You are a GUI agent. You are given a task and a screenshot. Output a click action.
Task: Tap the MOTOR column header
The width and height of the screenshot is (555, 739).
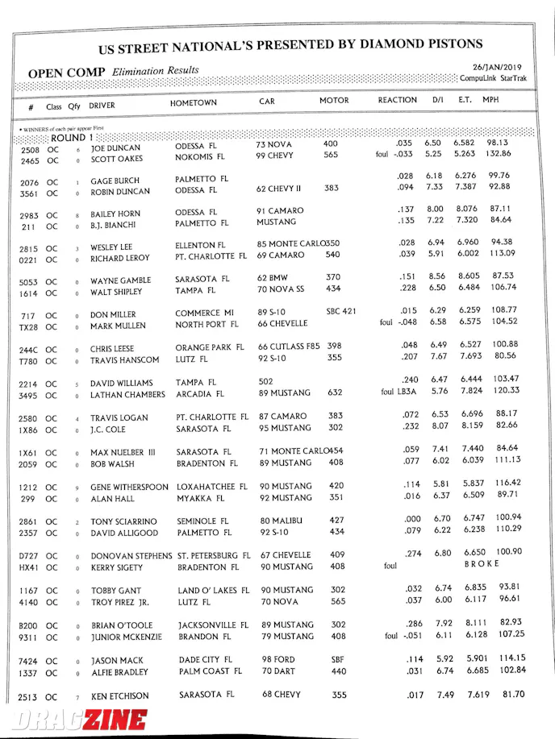[334, 101]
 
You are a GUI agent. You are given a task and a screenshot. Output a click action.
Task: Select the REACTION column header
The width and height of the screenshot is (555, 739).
[397, 101]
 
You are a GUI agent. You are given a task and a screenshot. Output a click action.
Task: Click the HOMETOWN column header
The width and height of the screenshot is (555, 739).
[193, 104]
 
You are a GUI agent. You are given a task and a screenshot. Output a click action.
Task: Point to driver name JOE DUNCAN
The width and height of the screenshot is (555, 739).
[115, 149]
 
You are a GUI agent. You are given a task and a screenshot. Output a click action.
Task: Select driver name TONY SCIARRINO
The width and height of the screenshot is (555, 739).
[124, 522]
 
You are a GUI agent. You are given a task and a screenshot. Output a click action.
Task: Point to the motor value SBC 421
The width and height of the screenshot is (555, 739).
[338, 311]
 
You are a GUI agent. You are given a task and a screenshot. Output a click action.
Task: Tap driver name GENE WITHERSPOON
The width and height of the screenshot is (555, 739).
[129, 488]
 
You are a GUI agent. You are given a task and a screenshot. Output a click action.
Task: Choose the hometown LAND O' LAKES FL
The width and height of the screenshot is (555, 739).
[213, 591]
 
